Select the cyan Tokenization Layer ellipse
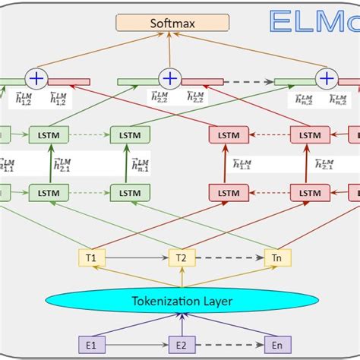coord(181,302)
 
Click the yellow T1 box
coord(91,258)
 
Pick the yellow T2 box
coord(181,258)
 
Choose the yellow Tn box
coord(276,258)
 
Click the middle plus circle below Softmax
coord(169,78)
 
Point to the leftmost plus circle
coord(36,78)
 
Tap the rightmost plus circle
coord(327,78)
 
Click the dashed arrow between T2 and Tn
coord(229,258)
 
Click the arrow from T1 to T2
coord(136,258)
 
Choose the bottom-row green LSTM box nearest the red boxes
coord(129,193)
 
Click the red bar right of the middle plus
coord(202,81)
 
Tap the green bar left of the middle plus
coord(137,81)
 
